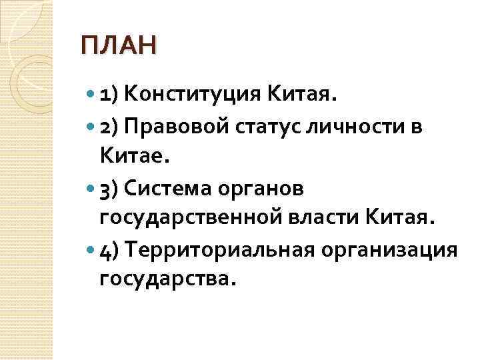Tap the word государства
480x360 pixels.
[167, 281]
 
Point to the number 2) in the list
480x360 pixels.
[108, 127]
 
